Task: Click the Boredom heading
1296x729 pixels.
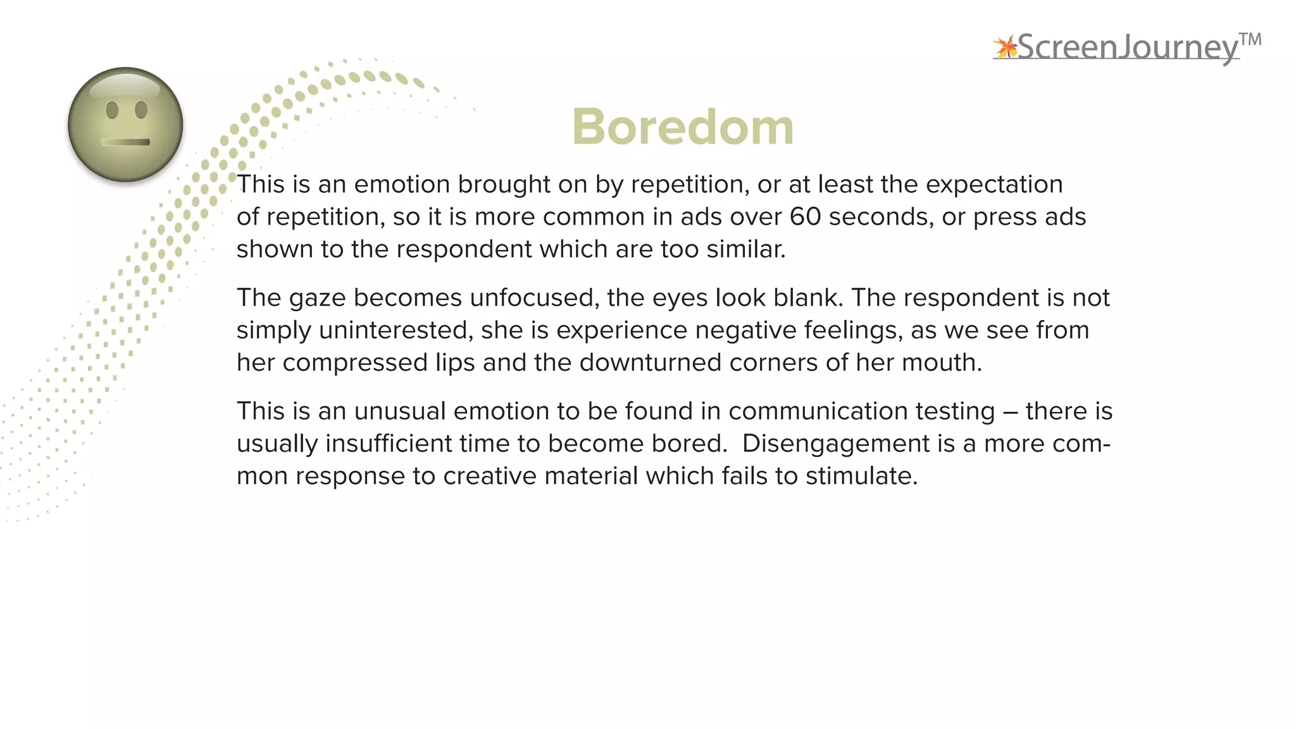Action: (682, 127)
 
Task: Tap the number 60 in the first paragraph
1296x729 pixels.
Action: (805, 217)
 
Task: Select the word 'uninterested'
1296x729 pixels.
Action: (395, 330)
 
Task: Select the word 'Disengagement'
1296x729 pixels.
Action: (835, 444)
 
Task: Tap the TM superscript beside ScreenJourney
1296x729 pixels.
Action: (1250, 40)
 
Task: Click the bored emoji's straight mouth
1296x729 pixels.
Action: (125, 142)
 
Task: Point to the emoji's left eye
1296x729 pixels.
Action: (112, 110)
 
